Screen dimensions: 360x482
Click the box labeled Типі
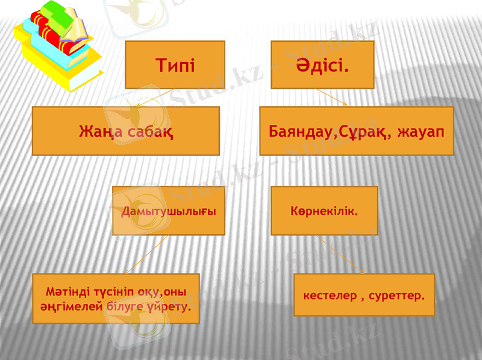[x=175, y=65]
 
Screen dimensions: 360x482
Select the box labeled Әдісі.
[x=322, y=65]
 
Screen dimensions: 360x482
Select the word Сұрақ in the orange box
[x=362, y=131]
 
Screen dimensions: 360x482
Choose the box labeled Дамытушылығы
[x=169, y=211]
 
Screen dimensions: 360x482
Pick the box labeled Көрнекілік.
[x=324, y=211]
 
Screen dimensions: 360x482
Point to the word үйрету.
[x=175, y=306]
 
